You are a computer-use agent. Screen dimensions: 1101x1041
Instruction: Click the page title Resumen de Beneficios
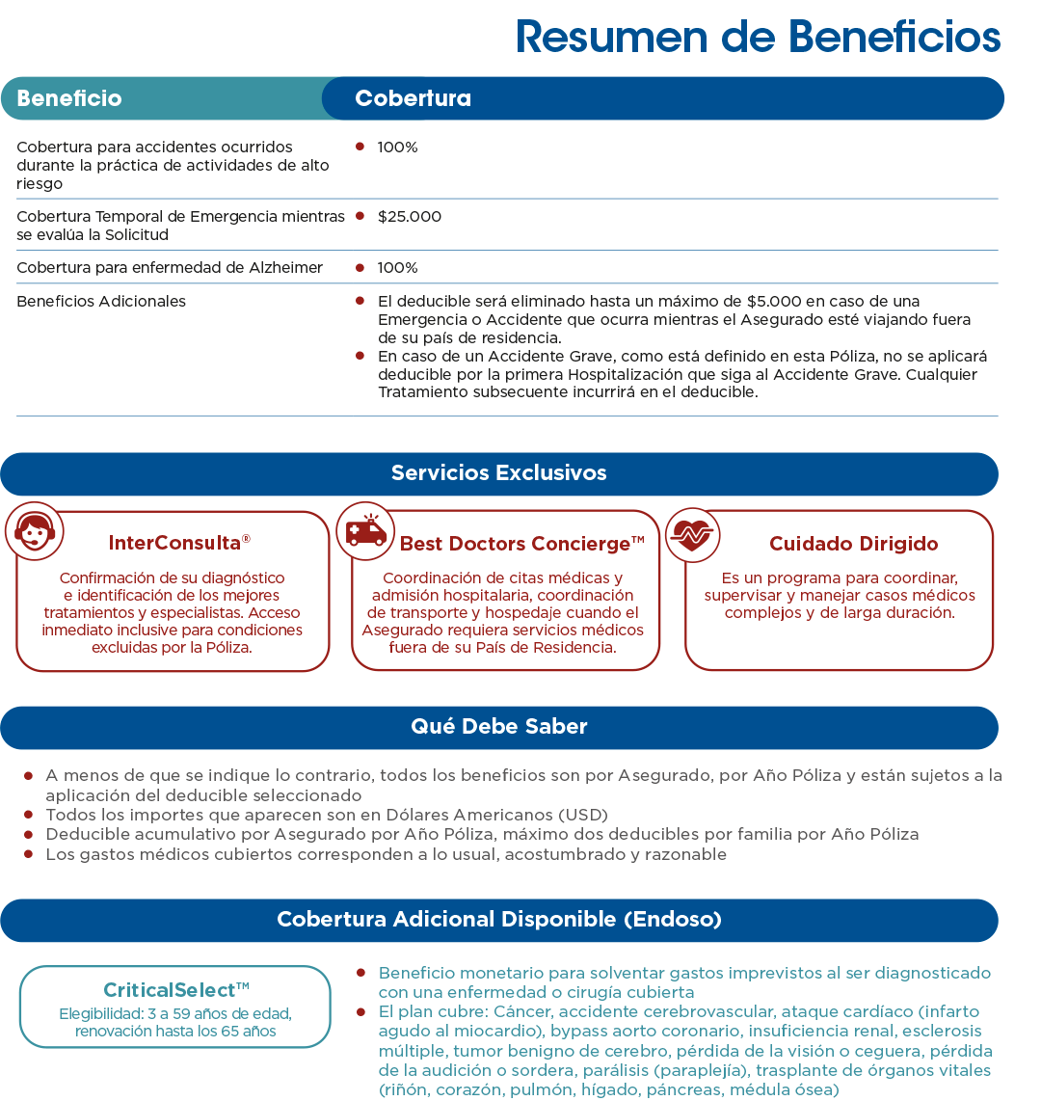(x=758, y=37)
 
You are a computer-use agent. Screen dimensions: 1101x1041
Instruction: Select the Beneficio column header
(x=69, y=98)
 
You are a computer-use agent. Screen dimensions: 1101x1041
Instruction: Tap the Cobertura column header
(x=413, y=98)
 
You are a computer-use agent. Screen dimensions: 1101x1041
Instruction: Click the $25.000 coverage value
(x=410, y=217)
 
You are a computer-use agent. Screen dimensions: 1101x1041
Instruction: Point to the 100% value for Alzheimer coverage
(x=397, y=268)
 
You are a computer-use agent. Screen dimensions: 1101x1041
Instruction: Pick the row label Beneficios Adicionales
(x=101, y=302)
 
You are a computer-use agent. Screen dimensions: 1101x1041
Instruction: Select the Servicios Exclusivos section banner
(x=498, y=473)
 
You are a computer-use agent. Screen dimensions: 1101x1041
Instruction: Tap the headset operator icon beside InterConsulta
(x=35, y=530)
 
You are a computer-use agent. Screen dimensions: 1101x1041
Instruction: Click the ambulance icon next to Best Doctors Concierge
(x=365, y=531)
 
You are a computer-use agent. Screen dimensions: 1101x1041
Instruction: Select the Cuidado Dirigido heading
(x=853, y=544)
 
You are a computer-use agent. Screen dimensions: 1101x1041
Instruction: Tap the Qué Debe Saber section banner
(x=498, y=727)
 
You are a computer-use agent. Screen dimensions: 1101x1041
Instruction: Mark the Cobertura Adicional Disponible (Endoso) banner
(x=498, y=919)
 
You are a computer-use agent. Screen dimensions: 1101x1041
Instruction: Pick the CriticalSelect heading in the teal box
(x=175, y=990)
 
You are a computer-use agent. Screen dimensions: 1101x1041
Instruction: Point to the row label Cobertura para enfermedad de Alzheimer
(x=170, y=268)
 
